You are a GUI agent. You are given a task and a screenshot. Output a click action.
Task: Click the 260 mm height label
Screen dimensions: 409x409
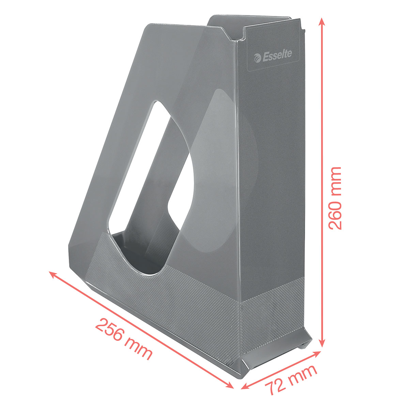tap(335, 198)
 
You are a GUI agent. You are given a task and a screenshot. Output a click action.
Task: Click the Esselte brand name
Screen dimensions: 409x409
tap(277, 56)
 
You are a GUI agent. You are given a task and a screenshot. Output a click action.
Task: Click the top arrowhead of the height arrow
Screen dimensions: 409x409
tap(322, 22)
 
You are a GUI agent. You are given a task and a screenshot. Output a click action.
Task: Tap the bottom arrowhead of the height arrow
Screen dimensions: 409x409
tap(322, 343)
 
